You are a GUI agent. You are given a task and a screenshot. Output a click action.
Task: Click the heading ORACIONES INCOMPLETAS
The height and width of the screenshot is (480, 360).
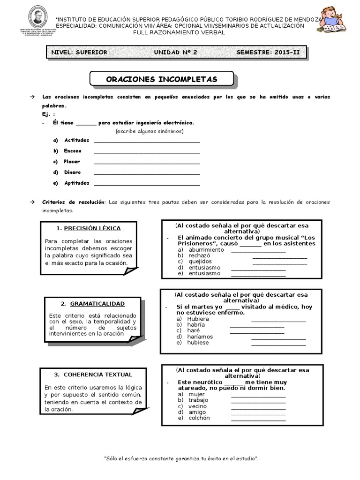point(162,79)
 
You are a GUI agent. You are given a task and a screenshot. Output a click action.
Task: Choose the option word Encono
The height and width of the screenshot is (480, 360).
point(73,151)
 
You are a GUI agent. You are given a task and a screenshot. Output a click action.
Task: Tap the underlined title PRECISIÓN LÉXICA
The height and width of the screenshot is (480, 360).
point(92,228)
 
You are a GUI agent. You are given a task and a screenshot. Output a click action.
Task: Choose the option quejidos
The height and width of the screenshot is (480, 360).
point(200,262)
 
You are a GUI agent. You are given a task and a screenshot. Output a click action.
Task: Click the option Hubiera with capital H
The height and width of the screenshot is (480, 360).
point(198,319)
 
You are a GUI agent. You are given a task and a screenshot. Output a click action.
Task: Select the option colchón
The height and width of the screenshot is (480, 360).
point(199,418)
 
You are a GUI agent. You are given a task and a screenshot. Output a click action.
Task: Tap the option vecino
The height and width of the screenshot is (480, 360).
point(198,406)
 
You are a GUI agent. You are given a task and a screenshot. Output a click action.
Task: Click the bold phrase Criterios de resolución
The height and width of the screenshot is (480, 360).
point(75,202)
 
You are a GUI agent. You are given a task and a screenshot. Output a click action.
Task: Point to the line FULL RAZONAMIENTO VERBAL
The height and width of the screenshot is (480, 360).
point(180,32)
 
